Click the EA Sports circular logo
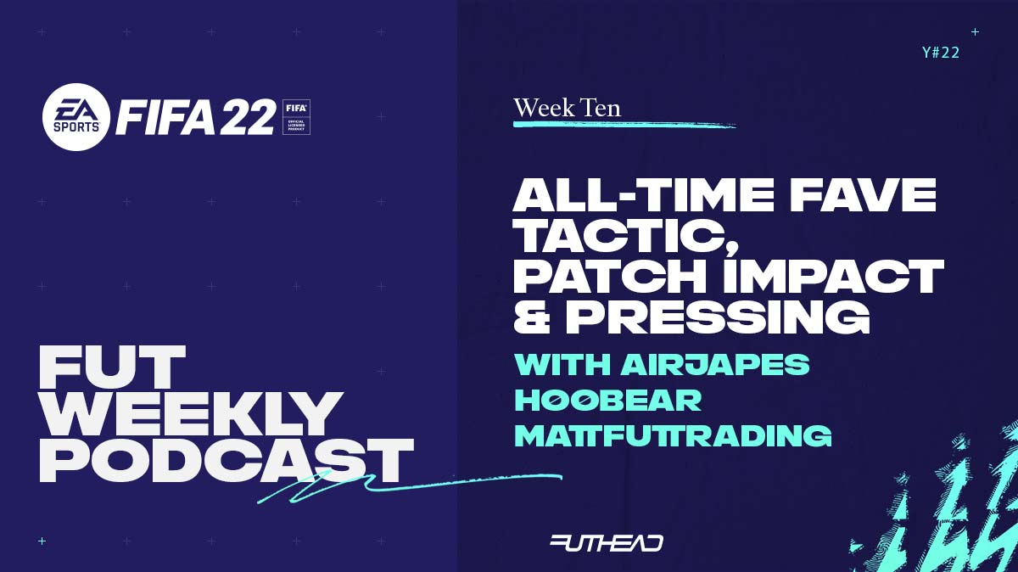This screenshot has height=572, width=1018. click(76, 117)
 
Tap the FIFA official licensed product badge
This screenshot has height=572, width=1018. click(296, 117)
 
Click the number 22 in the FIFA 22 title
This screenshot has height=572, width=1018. click(247, 117)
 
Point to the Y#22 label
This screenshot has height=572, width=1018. click(941, 53)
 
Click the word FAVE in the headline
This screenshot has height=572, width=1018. click(863, 195)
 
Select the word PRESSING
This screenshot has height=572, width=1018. click(718, 317)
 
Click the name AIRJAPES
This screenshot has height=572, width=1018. click(715, 364)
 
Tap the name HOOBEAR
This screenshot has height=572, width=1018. click(607, 400)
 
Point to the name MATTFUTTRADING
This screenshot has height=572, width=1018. click(673, 435)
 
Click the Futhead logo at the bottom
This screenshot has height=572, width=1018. click(607, 543)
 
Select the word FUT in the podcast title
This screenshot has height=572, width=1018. click(112, 367)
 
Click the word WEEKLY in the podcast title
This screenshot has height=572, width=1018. click(191, 414)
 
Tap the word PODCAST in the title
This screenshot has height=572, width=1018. click(227, 461)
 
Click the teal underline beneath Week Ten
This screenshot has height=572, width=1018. click(624, 124)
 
